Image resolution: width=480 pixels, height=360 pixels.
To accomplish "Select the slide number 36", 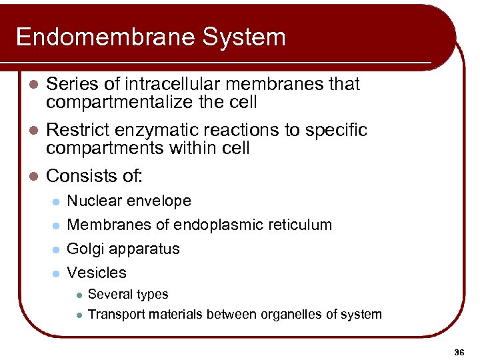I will pyautogui.click(x=459, y=351).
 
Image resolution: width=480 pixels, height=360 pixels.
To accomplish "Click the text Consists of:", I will pyautogui.click(x=94, y=176).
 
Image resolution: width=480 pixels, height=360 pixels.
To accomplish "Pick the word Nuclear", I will pyautogui.click(x=93, y=201).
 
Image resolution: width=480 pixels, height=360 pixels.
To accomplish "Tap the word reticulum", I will pyautogui.click(x=304, y=225).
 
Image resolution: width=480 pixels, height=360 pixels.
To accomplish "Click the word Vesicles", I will pyautogui.click(x=97, y=273).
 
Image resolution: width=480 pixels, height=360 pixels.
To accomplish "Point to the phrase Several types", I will pyautogui.click(x=128, y=295).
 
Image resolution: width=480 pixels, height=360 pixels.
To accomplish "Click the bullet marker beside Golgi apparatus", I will pyautogui.click(x=57, y=250).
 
